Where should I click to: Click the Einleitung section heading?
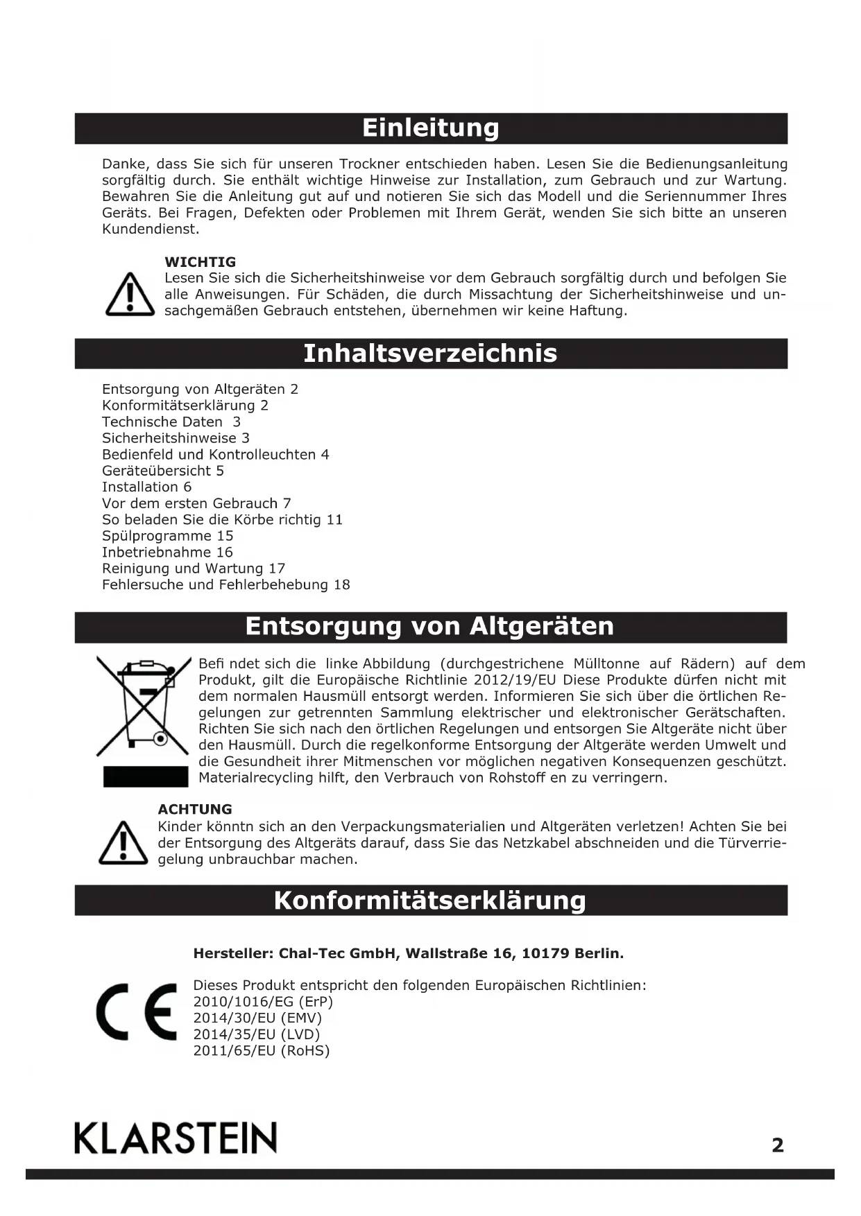430,128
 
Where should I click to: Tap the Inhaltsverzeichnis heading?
430,354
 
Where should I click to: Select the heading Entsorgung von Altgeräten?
430,626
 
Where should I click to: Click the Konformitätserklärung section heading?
430,901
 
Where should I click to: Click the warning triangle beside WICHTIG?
130,295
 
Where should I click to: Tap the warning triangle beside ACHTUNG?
123,843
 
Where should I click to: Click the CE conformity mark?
137,1012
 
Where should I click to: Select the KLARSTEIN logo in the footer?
176,1138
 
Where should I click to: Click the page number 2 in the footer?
778,1145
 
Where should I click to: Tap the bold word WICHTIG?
200,262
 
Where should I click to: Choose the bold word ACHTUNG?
195,809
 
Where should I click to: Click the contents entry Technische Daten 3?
171,422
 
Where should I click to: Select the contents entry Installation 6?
146,487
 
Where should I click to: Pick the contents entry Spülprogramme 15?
168,536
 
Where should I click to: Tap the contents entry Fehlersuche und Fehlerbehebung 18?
226,585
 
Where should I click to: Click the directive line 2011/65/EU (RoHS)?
262,1050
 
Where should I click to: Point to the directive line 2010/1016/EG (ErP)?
263,1002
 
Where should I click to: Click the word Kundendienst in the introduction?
151,229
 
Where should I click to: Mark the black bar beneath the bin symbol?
146,777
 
